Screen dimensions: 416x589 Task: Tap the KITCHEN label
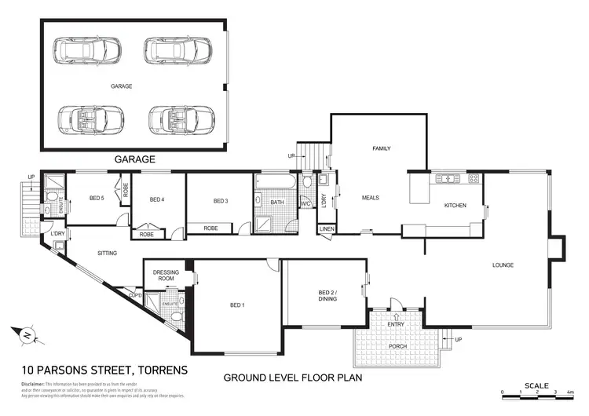(x=455, y=206)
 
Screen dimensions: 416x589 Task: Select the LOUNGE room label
(x=503, y=265)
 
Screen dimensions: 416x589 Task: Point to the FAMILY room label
(x=381, y=148)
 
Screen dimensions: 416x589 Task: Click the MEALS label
(x=370, y=198)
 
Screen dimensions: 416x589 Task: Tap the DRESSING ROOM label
(x=166, y=276)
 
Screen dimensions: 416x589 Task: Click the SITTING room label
(x=108, y=254)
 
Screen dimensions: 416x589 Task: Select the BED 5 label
(x=96, y=198)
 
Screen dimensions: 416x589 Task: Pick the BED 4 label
(x=157, y=199)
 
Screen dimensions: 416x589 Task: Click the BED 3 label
(x=221, y=202)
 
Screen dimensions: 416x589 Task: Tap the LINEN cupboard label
(x=326, y=230)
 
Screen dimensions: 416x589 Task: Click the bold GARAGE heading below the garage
(x=135, y=159)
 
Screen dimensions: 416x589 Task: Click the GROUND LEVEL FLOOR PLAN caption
(x=293, y=377)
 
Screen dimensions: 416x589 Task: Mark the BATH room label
(x=276, y=202)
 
